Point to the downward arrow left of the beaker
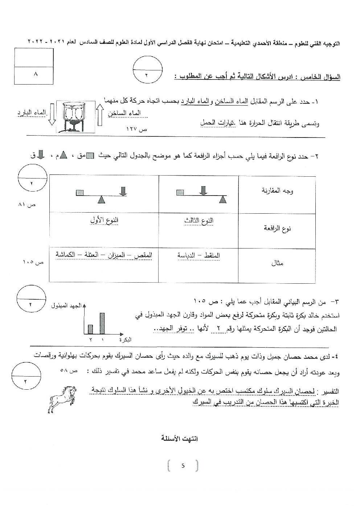coord(52,114)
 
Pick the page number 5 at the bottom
coord(183,465)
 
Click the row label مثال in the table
coord(277,264)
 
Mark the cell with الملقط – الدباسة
coord(199,255)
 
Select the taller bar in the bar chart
coord(102,323)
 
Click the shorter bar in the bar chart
coord(91,329)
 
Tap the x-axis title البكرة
coord(125,340)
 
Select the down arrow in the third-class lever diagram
coord(204,190)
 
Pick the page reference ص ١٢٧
coord(135,129)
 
